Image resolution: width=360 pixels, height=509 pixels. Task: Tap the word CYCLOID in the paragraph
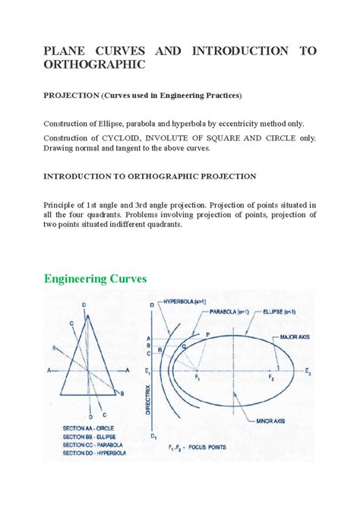point(135,138)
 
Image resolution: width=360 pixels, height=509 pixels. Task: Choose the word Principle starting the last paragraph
point(64,206)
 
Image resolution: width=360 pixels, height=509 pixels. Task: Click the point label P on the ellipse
point(206,334)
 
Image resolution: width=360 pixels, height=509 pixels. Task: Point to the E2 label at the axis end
point(308,373)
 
